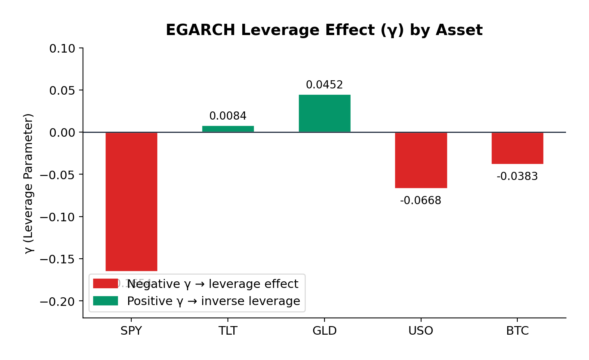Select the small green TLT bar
point(228,129)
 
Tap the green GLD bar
point(324,113)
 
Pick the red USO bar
point(421,160)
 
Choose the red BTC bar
point(517,148)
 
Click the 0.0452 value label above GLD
point(324,85)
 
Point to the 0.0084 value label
point(228,116)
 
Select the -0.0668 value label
point(421,201)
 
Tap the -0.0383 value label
point(517,176)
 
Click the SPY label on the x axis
point(131,331)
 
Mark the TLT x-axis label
point(228,331)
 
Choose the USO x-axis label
point(421,331)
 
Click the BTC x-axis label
point(517,331)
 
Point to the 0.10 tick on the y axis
point(62,49)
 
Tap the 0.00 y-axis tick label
point(62,133)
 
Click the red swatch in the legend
point(105,284)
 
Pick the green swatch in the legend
point(105,301)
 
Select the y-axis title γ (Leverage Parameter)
point(29,183)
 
